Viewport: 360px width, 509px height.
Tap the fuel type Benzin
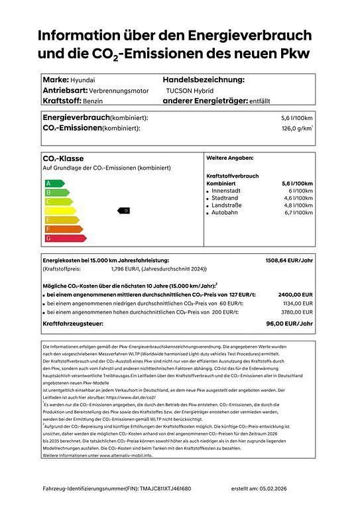coord(97,101)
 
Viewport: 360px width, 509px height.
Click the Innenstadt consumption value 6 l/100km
coord(300,191)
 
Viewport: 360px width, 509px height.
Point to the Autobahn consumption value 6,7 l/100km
coord(298,213)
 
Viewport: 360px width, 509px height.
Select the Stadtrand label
coord(225,198)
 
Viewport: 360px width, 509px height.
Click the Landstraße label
coord(227,205)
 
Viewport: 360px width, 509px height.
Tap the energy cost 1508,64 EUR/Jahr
coord(289,261)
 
